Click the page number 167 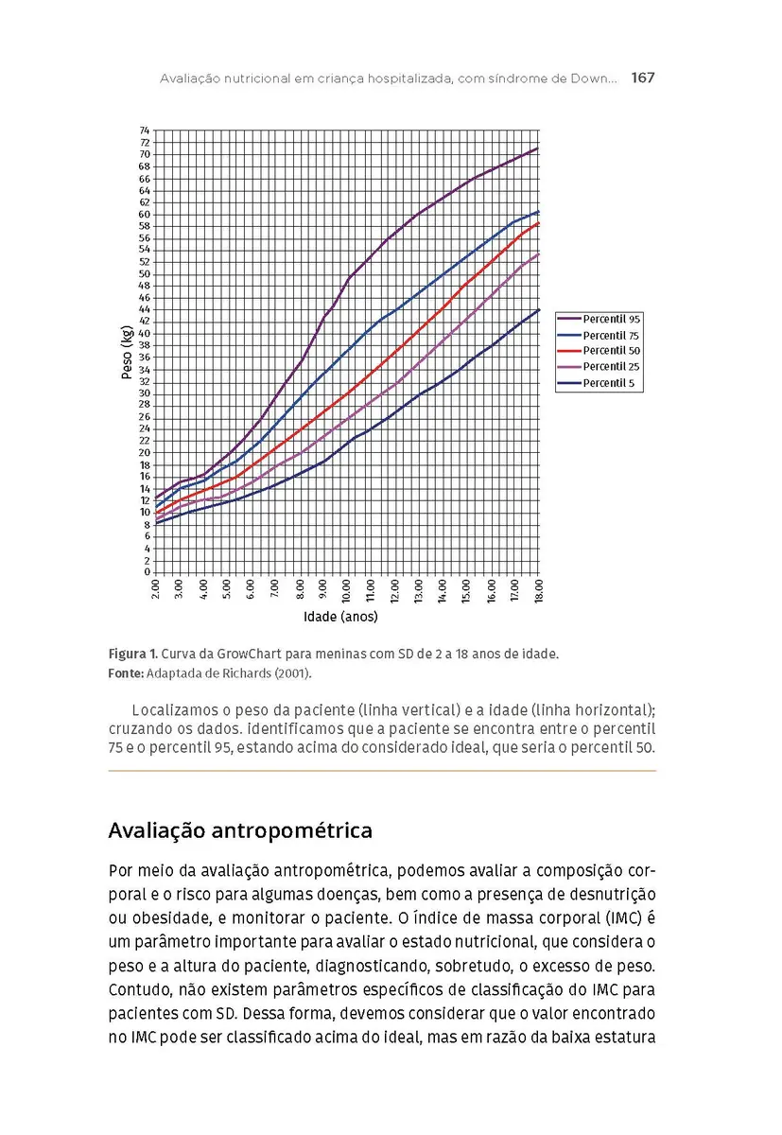click(642, 78)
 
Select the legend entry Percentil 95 click(611, 320)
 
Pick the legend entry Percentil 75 click(611, 336)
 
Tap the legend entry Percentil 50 click(611, 351)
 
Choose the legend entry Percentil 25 click(611, 367)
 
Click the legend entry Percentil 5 click(608, 383)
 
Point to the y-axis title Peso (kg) click(127, 352)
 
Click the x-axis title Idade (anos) click(340, 618)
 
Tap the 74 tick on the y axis click(144, 131)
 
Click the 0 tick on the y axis click(147, 572)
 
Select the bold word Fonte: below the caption click(126, 673)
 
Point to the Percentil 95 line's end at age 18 click(538, 148)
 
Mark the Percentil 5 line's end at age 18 click(538, 309)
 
